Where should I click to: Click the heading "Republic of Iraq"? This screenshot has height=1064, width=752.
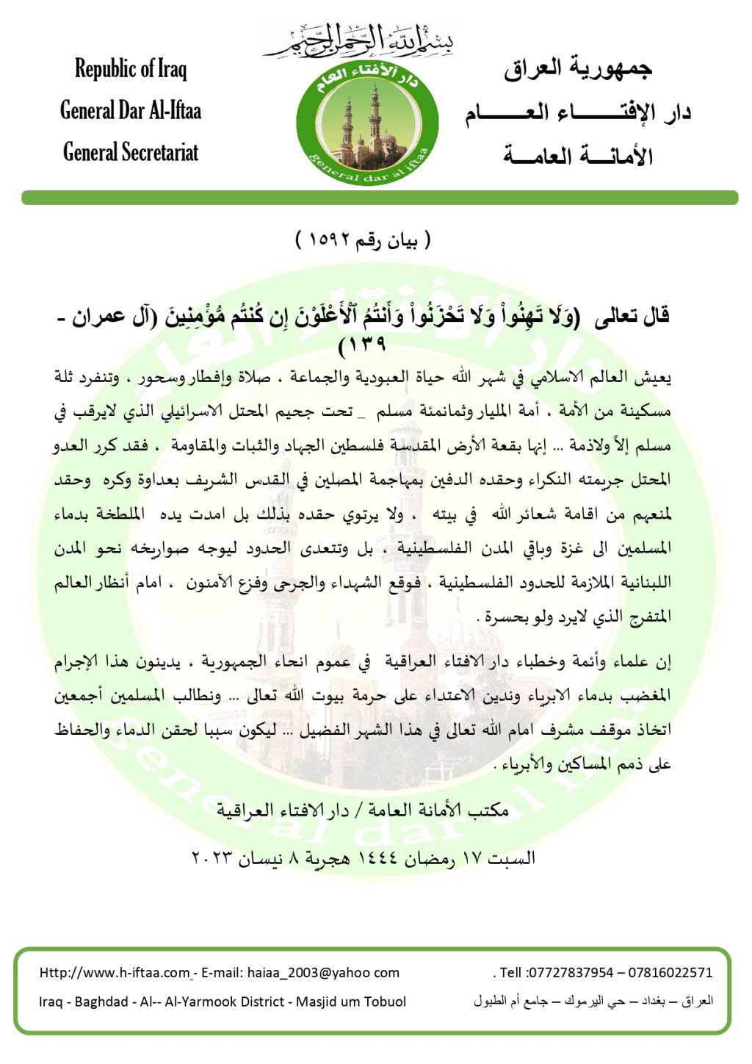(131, 68)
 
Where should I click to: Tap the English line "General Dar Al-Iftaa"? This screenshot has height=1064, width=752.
(131, 111)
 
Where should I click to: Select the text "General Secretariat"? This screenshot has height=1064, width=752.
(131, 152)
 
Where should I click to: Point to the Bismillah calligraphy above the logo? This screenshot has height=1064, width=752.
(359, 40)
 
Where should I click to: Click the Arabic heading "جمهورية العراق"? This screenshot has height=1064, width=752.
(578, 68)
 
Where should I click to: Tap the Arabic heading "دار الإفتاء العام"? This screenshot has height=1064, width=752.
(578, 112)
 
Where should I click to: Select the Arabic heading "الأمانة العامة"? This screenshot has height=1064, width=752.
(578, 155)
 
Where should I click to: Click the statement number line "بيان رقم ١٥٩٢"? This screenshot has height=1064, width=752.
(363, 240)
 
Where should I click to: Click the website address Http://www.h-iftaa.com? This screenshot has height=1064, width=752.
(115, 972)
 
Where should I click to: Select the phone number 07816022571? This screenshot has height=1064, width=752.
(670, 972)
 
